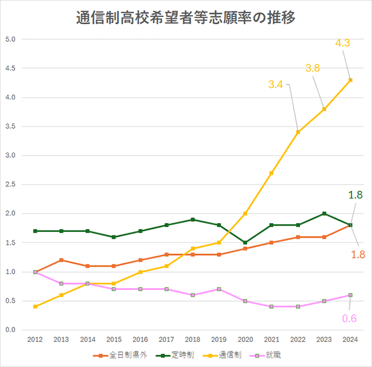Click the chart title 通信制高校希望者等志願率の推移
pos(186,18)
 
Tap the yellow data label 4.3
pos(342,43)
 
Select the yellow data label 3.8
pos(313,68)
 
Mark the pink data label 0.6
pos(349,318)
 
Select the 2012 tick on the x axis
pos(35,339)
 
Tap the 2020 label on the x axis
pos(245,339)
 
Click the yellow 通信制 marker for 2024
pos(350,80)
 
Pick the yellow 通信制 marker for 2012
pos(35,306)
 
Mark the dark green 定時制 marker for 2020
pos(245,242)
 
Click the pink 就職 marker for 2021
pos(271,306)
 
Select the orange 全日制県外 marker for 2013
pos(61,260)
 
